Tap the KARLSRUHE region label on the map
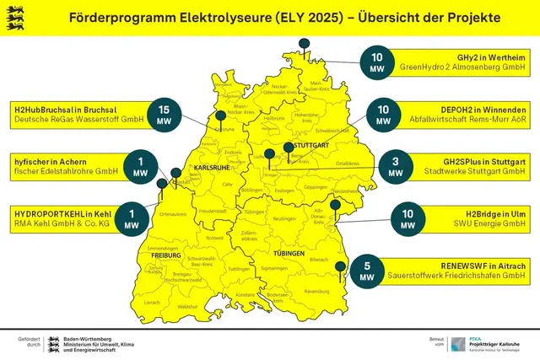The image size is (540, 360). (211, 168)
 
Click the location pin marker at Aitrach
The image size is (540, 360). (340, 267)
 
